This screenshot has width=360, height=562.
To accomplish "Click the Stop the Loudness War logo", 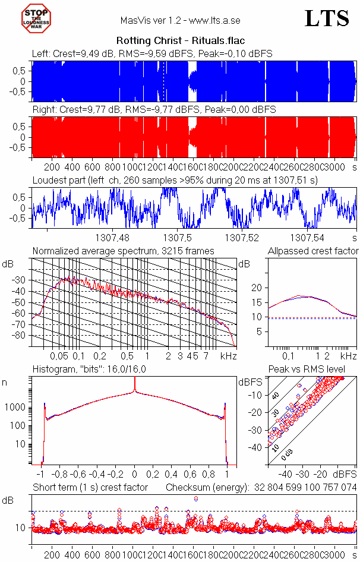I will click(x=37, y=18).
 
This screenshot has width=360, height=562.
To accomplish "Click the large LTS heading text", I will click(x=327, y=18).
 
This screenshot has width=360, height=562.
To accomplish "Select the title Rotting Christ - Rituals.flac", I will click(x=180, y=41).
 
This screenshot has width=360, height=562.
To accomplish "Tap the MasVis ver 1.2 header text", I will click(x=180, y=21).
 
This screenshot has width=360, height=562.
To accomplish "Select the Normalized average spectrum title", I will click(x=123, y=251).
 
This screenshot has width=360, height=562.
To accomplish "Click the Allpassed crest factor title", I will click(x=313, y=251).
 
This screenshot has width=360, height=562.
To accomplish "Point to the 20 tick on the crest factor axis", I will click(x=257, y=288).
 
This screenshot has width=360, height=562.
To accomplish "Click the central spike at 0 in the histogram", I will click(x=135, y=386).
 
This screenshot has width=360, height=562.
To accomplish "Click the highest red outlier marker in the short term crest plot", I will click(x=196, y=498).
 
